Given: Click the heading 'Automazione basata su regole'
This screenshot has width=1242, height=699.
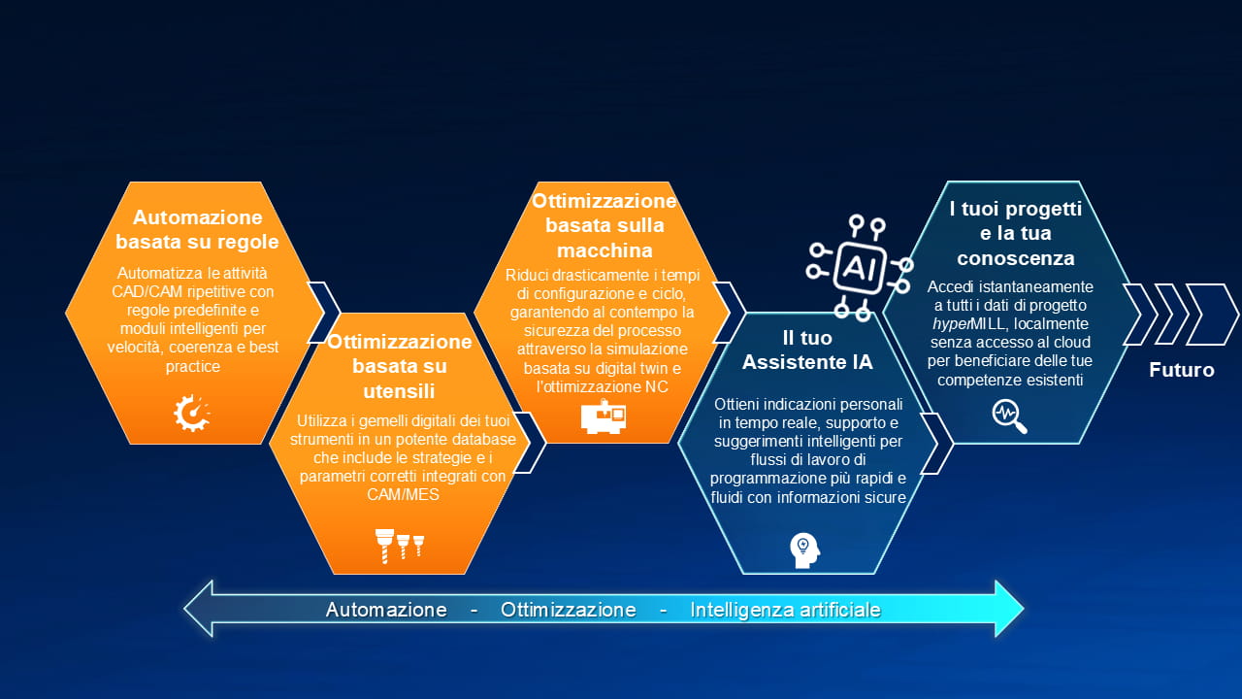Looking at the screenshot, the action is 197,229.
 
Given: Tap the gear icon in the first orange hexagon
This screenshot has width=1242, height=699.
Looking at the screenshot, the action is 192,413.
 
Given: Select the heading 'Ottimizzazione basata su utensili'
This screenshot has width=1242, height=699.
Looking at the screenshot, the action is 399,366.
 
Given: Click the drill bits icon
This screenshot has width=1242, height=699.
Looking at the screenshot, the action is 399,546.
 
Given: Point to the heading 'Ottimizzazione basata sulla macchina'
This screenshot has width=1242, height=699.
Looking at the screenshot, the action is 604,225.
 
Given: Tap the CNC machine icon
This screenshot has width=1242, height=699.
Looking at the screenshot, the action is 604,416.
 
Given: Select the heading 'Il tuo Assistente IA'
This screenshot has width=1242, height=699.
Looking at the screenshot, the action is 807,350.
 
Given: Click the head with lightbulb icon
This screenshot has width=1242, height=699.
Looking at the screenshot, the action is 804,549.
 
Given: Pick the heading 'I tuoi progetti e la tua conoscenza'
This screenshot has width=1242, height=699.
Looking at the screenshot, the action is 1015,233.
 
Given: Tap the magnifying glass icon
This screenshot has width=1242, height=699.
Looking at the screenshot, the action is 1009,416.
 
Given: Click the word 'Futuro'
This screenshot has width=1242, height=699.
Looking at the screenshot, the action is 1182,370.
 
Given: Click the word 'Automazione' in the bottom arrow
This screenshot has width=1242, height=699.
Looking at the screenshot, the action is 386,610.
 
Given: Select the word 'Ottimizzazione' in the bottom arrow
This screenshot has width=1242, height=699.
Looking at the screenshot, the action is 569,610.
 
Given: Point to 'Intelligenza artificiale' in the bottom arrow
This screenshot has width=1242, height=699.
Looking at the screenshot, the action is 785,610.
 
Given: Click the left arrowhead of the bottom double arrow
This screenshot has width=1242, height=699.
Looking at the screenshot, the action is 198,609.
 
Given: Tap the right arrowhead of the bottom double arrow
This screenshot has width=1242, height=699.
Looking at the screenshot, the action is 1009,609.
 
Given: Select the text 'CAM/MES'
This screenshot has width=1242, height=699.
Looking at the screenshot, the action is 403,494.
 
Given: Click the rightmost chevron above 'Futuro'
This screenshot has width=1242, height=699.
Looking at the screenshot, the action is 1212,315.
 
